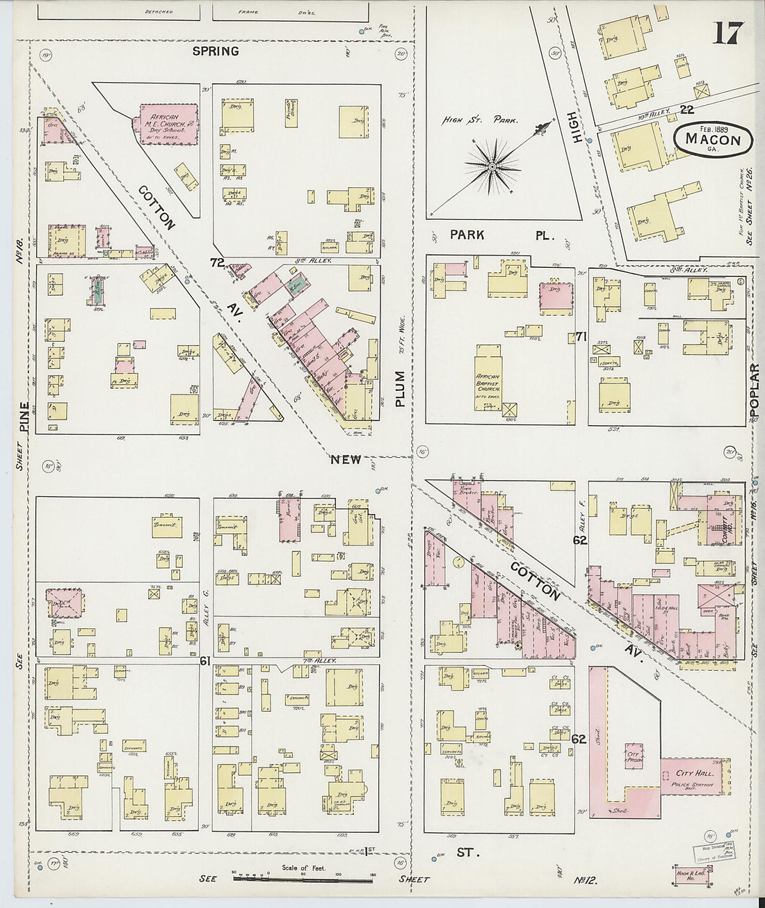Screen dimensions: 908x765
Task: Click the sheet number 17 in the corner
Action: pyautogui.click(x=728, y=33)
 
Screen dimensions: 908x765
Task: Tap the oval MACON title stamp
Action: pyautogui.click(x=713, y=138)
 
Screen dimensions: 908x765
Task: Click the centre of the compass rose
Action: pyautogui.click(x=492, y=167)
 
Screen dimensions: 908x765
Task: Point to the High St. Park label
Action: pyautogui.click(x=481, y=120)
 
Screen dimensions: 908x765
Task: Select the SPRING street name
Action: pyautogui.click(x=216, y=51)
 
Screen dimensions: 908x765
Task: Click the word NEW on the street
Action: pyautogui.click(x=346, y=459)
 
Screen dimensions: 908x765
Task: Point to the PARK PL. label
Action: pyautogui.click(x=501, y=235)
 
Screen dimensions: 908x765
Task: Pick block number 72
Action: pyautogui.click(x=218, y=262)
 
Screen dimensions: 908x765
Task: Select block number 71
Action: pyautogui.click(x=581, y=337)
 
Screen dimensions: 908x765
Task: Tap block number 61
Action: pyautogui.click(x=205, y=661)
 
